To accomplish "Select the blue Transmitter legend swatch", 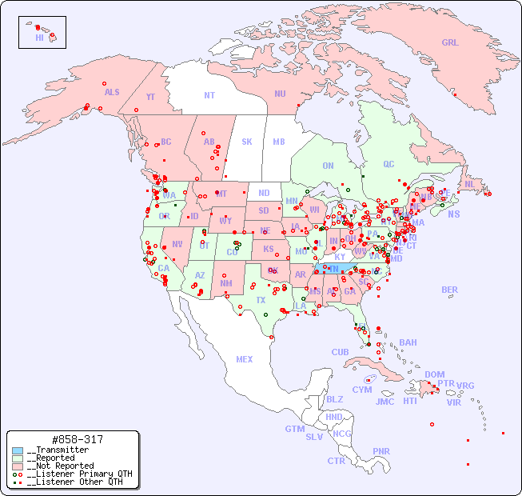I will point(18,450).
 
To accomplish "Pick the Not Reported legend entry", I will point(60,466).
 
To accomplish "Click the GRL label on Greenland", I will point(450,43).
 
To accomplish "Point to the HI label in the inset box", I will point(39,38).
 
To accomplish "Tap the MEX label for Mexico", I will point(245,359).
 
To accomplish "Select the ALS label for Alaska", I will point(112,92).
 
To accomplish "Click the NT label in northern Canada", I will point(209,95).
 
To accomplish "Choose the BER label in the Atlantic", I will point(450,290).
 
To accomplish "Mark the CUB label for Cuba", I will point(340,352).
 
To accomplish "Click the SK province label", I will point(247,142).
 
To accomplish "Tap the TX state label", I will point(261,300).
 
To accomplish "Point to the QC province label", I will point(389,164).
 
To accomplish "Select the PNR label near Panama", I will point(381,451).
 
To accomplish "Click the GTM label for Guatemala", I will point(294,429).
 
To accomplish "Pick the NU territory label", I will point(280,94).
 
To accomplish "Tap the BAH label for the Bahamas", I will point(408,342).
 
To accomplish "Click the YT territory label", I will point(150,97).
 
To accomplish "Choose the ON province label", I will point(328,166).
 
